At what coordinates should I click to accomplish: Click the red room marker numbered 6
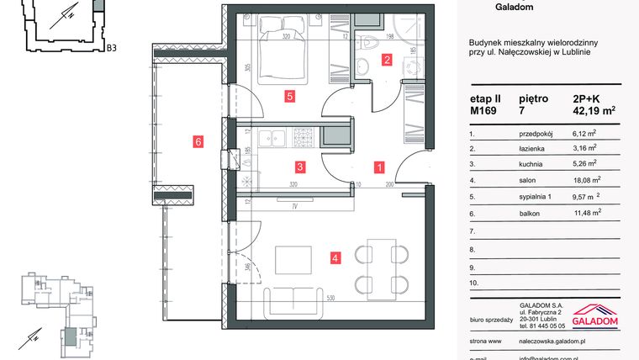point(198,142)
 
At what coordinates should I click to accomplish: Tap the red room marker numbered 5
point(289,97)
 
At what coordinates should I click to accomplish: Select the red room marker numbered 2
point(387,60)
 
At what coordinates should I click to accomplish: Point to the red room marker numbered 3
point(299,167)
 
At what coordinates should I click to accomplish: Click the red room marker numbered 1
point(379,167)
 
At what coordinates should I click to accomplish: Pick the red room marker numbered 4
point(335,258)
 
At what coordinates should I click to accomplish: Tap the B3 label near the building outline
point(111,48)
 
